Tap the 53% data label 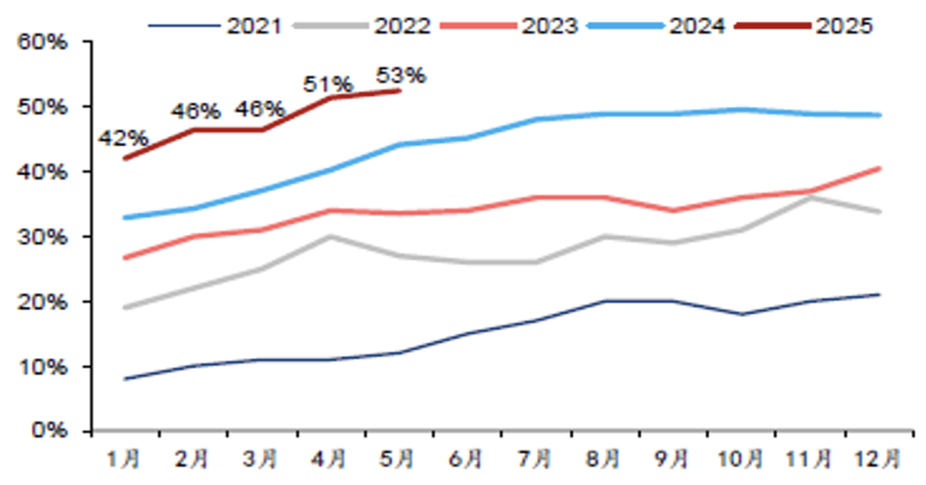[400, 75]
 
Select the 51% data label [329, 84]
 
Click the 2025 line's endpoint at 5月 [400, 90]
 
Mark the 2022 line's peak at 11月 [811, 198]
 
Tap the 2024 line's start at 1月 [125, 218]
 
